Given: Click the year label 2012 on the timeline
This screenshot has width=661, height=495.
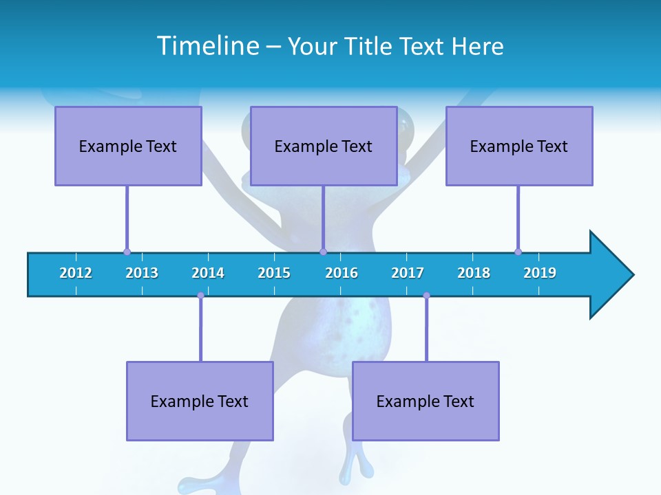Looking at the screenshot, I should pyautogui.click(x=76, y=273).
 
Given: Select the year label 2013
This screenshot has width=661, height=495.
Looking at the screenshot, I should pyautogui.click(x=142, y=273).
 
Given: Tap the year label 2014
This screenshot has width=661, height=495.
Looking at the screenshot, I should pyautogui.click(x=208, y=273).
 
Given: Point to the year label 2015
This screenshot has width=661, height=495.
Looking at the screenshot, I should pyautogui.click(x=274, y=273).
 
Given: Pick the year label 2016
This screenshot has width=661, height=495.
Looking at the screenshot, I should pyautogui.click(x=342, y=273).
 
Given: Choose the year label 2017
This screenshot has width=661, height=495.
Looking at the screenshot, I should pyautogui.click(x=408, y=273).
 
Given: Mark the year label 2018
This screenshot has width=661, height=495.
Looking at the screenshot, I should pyautogui.click(x=474, y=273).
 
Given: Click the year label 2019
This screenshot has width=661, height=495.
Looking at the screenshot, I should pyautogui.click(x=540, y=273).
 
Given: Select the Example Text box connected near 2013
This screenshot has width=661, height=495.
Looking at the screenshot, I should pyautogui.click(x=128, y=146).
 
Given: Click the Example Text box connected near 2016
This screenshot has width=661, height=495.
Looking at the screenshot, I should pyautogui.click(x=324, y=146).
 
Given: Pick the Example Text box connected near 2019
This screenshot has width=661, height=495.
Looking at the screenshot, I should pyautogui.click(x=519, y=146).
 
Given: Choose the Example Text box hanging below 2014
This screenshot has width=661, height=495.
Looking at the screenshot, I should pyautogui.click(x=200, y=401).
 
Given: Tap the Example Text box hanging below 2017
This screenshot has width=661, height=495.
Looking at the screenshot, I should pyautogui.click(x=426, y=401).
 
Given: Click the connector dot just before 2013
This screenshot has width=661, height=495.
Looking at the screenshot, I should pyautogui.click(x=127, y=252).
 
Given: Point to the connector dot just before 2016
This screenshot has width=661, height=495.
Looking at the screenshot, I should pyautogui.click(x=323, y=252).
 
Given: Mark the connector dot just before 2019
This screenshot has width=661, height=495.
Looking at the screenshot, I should pyautogui.click(x=518, y=252).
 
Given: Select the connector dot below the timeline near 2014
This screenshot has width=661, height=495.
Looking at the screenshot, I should pyautogui.click(x=200, y=296).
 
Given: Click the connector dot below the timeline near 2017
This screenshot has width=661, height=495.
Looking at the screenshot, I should pyautogui.click(x=426, y=296).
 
